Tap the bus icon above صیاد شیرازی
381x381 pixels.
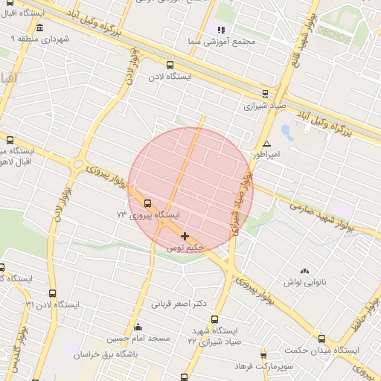pos(266,94)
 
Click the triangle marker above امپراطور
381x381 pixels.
pos(266,144)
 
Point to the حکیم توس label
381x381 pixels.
pos(185,246)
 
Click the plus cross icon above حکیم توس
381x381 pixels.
pos(185,236)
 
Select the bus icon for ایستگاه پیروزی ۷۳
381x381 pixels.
pos(147,202)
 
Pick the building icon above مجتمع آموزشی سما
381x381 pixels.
pos(220,30)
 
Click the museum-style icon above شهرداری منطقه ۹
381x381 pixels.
pos(39,28)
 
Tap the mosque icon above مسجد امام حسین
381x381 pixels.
pos(137,327)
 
